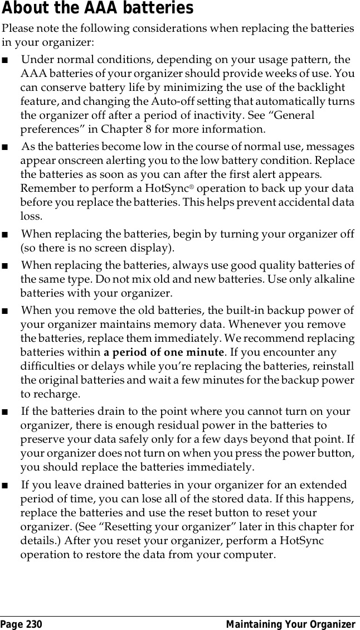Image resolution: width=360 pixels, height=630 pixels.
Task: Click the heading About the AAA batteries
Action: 98,8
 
